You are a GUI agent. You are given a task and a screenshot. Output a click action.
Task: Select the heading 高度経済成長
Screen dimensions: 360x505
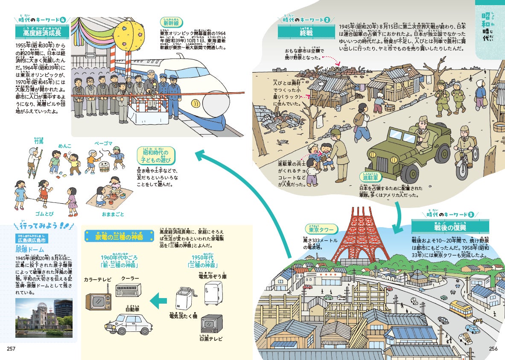coord(42,32)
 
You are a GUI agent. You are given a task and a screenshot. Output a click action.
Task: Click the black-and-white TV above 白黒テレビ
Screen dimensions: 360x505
coord(212,324)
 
